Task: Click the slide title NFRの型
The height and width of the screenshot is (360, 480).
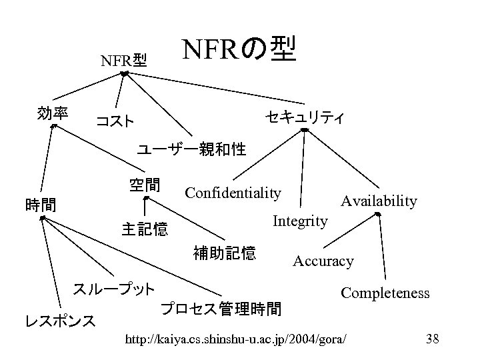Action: coord(239,49)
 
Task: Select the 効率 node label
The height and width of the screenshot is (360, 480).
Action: coord(53,113)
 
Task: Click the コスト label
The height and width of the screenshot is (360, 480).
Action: coord(115,121)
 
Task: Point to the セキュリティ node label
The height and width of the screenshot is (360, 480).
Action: coord(304,118)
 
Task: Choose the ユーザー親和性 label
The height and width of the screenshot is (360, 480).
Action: coord(191,149)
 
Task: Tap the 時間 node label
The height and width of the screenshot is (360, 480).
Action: coord(40,204)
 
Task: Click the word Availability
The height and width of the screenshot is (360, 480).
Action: coord(379,201)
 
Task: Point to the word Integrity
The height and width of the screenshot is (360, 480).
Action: coord(300,221)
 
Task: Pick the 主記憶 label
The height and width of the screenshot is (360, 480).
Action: coord(145,230)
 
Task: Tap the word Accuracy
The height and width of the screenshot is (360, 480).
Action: coord(323,261)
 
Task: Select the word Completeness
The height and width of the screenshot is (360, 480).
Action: coord(385,293)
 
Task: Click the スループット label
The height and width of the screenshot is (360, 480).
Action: coord(114,289)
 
